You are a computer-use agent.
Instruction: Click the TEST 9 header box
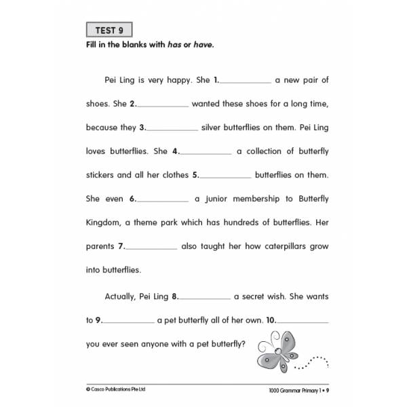pos(109,31)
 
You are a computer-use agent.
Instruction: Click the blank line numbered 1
pos(246,82)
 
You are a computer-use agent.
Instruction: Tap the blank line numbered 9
pos(129,322)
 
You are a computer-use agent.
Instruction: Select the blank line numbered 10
pos(303,322)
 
